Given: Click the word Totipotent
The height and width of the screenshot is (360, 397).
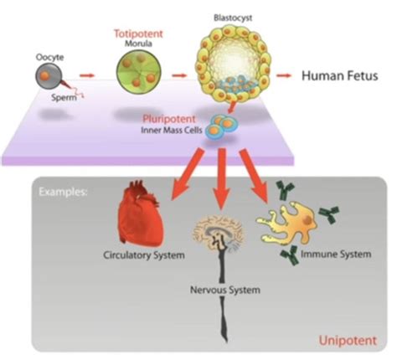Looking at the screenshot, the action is pos(138,33).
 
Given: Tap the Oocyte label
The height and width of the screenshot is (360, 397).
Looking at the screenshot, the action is pos(49,57).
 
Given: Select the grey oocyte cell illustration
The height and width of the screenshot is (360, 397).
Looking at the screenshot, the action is pos(48,76).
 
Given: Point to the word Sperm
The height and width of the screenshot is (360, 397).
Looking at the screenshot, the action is pos(64,98).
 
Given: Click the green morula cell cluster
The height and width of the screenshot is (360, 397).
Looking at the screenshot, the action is pos(139,72).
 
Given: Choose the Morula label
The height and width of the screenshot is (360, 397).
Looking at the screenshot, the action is pos(138,44).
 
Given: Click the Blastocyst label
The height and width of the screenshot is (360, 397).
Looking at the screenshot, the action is pos(233,18).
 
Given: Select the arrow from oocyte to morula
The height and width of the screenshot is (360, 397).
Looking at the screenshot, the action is pos(87,75).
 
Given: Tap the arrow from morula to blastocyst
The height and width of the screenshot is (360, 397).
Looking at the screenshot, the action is pos(179,75).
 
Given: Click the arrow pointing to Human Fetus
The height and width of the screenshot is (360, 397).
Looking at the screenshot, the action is pos(284,75).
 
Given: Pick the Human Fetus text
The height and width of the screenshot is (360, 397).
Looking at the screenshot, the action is pos(340,75).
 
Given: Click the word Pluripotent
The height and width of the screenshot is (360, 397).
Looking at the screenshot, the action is pos(169,119).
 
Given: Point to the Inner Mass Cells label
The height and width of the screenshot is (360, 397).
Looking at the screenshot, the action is pos(172,131).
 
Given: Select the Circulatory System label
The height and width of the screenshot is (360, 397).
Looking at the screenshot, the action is pos(144,255).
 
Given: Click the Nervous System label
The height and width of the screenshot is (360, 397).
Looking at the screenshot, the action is pos(225,290).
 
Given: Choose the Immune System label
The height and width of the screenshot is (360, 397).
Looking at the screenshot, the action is pos(336,255).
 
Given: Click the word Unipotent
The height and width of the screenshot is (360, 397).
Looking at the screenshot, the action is pos(348,341).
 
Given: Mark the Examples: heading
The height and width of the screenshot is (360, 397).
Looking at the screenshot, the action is pos(63,192).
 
